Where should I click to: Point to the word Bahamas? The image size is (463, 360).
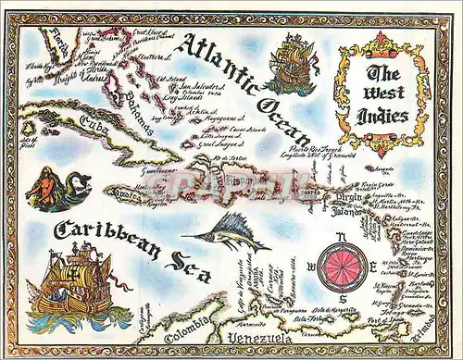(128, 102)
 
